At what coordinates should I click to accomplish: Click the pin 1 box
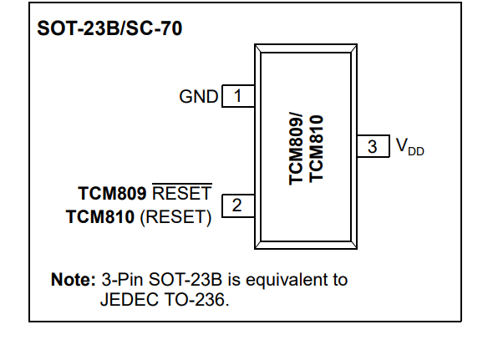click(x=238, y=96)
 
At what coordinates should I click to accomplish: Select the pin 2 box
click(x=238, y=205)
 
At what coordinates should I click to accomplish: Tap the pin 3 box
click(x=374, y=146)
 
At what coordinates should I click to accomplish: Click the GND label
click(x=198, y=96)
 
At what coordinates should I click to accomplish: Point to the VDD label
click(x=410, y=147)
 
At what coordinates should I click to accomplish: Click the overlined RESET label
click(x=182, y=193)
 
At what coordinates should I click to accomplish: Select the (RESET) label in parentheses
click(x=175, y=217)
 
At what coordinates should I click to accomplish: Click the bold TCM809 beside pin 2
click(x=112, y=193)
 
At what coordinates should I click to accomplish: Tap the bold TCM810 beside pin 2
click(x=100, y=217)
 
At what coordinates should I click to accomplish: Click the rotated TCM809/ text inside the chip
click(x=296, y=149)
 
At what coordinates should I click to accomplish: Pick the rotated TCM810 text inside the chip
click(x=316, y=149)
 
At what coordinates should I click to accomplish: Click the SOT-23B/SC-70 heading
click(x=109, y=28)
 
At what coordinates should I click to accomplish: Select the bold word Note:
click(x=74, y=280)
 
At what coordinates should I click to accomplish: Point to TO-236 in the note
click(x=196, y=299)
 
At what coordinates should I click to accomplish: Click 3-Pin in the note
click(x=122, y=280)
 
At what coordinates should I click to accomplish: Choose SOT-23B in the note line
click(x=186, y=280)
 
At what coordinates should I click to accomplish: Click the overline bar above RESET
click(x=182, y=183)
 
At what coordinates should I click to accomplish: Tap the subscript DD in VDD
click(x=416, y=151)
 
